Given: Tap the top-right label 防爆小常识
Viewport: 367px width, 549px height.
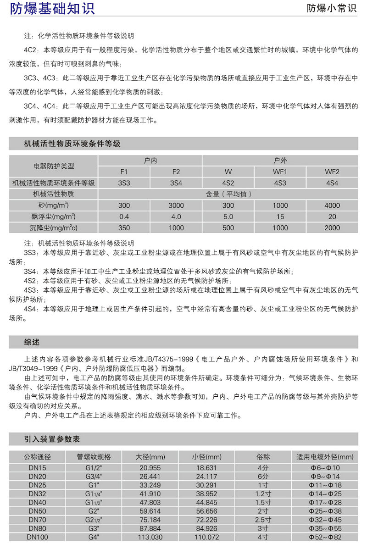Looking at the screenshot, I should [331, 9].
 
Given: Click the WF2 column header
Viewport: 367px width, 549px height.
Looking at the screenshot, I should [332, 172].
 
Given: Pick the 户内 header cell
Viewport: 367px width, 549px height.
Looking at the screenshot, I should [150, 161].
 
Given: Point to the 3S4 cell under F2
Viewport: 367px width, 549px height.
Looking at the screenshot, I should [176, 183].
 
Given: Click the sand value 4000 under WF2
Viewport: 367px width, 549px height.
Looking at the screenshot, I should [332, 205].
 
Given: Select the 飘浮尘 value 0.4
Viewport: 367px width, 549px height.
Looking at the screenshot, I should [124, 216].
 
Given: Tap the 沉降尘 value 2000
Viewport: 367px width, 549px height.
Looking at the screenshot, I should [332, 227].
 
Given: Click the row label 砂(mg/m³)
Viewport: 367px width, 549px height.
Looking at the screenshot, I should [54, 205].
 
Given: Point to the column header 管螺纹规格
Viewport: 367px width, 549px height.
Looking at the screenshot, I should [95, 457].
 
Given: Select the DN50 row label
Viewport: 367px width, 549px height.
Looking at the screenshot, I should [37, 510].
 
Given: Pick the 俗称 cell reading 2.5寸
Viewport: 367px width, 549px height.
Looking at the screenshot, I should [263, 519].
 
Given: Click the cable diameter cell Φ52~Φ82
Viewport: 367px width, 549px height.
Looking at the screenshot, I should [324, 537].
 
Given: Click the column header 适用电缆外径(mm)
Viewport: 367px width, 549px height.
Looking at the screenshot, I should [325, 457].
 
